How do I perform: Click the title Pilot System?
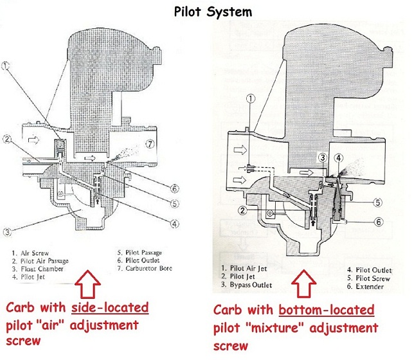207,11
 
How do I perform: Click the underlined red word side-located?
113,307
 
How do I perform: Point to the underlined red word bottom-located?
340,312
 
